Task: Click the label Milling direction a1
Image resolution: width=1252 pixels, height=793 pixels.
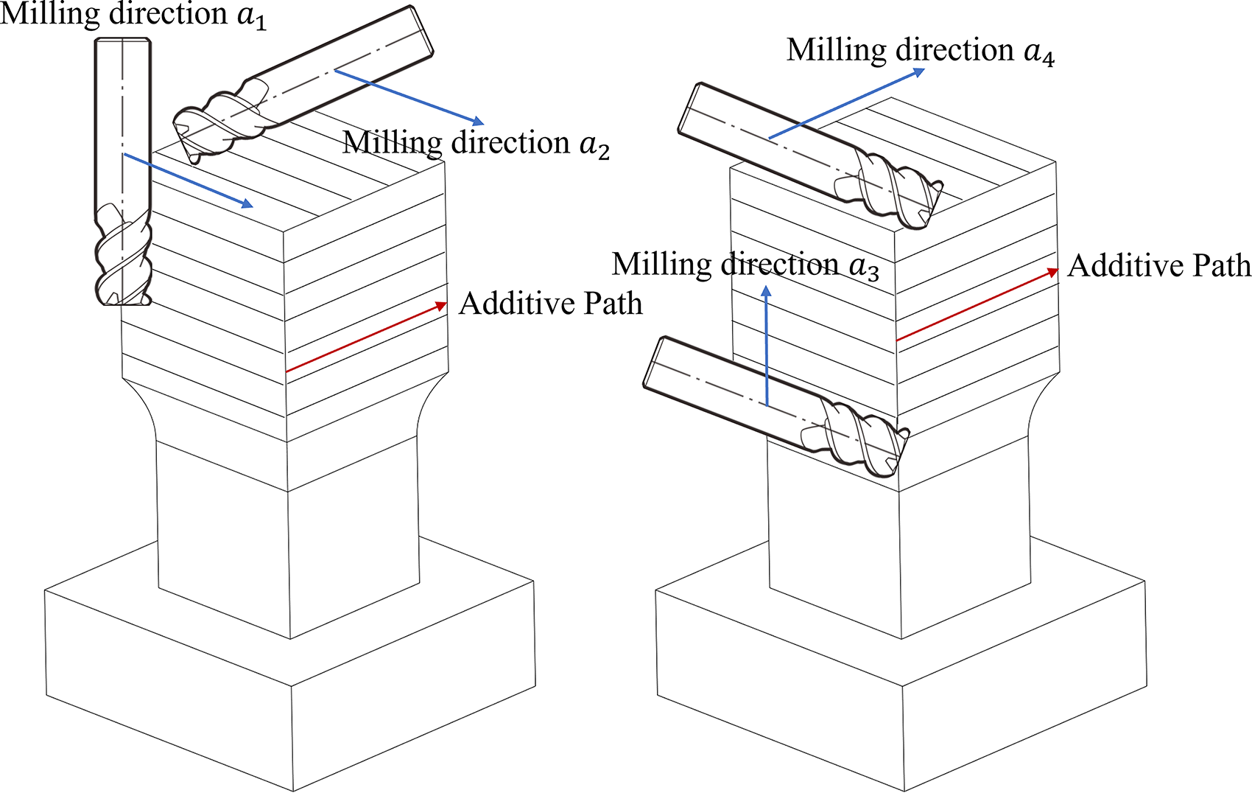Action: pos(133,15)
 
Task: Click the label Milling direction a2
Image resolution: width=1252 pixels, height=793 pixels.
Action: pos(476,144)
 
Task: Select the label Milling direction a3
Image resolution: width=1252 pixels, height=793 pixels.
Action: pos(745,265)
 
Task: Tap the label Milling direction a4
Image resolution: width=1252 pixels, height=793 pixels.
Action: pos(921,52)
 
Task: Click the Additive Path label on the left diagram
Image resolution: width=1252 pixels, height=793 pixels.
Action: pos(551,304)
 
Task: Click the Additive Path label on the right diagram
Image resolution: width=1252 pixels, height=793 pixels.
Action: pos(1159,265)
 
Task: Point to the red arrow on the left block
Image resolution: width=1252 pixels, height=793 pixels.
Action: pos(367,337)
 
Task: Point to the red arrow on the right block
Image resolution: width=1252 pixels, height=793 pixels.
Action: pos(977,304)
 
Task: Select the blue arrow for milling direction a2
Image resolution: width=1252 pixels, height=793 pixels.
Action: pos(409,97)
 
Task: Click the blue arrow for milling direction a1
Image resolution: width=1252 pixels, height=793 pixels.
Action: pos(188,180)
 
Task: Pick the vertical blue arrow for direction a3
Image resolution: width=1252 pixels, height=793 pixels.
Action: pos(767,346)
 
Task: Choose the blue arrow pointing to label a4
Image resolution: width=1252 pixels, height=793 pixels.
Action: pos(846,103)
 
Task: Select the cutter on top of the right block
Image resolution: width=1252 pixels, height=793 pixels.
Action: pos(810,156)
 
